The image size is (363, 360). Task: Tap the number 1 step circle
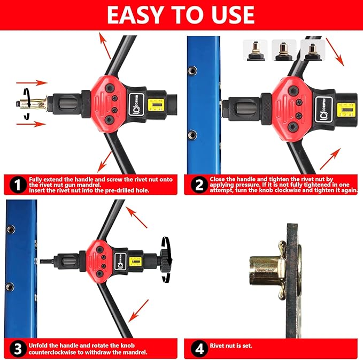click(18, 185)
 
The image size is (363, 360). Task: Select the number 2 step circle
click(199, 185)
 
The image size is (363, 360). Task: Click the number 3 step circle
click(18, 349)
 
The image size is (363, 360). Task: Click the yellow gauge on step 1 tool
click(156, 105)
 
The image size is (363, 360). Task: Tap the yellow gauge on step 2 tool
click(346, 110)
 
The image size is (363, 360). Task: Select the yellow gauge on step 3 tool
click(135, 262)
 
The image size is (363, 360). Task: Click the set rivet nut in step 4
click(273, 270)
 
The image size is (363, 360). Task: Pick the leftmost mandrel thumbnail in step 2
click(255, 50)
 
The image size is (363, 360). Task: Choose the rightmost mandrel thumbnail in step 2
click(313, 50)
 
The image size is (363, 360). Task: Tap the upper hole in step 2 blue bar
click(192, 71)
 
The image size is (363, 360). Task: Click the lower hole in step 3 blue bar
click(10, 287)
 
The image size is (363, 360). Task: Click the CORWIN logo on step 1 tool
click(136, 105)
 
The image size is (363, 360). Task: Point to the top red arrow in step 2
click(335, 52)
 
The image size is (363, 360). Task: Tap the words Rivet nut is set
click(231, 346)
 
